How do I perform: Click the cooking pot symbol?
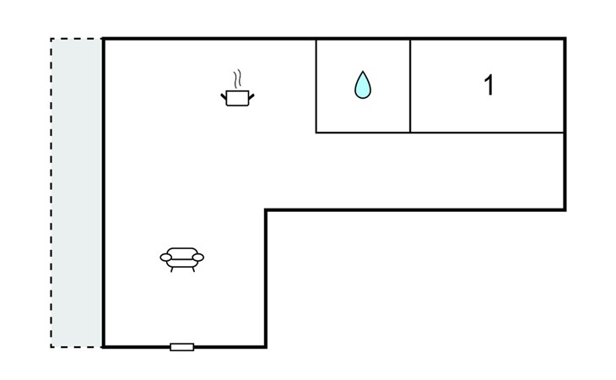(x=238, y=99)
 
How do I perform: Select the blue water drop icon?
(x=363, y=85)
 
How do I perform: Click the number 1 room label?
(x=488, y=85)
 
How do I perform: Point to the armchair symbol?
(x=181, y=258)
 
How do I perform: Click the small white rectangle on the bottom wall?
(x=181, y=346)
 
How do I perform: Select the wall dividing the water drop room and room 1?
(x=410, y=85)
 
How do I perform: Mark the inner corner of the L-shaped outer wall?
(x=266, y=210)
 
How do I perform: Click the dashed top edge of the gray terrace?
(x=77, y=39)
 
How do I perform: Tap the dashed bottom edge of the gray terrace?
(x=77, y=346)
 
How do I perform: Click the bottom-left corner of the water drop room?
(x=316, y=133)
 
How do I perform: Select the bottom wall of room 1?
(x=488, y=133)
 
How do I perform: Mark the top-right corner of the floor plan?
(x=565, y=39)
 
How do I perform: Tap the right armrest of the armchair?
(x=198, y=256)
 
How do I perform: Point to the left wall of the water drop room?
(x=316, y=85)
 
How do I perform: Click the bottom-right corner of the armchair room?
(x=266, y=346)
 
